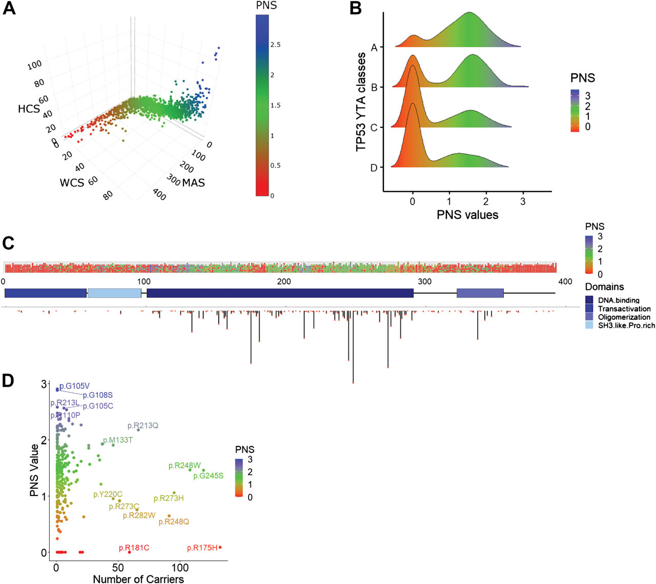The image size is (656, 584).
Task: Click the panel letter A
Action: click(x=9, y=9)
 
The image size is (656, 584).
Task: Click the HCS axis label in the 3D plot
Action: click(x=29, y=109)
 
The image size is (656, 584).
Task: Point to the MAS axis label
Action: click(x=194, y=183)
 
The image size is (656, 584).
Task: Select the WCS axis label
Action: click(x=72, y=183)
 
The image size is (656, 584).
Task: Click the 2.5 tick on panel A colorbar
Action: click(x=275, y=45)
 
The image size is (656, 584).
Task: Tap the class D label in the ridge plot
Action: click(x=374, y=167)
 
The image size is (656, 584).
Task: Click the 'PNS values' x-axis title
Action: click(x=467, y=215)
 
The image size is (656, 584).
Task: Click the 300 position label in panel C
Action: click(x=425, y=282)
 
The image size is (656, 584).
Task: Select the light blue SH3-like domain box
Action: click(x=114, y=293)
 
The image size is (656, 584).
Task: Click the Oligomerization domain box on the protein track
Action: click(x=480, y=293)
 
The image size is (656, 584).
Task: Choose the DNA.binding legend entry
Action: click(x=619, y=300)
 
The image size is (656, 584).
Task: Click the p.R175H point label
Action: click(x=202, y=548)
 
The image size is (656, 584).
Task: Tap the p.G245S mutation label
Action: click(x=208, y=476)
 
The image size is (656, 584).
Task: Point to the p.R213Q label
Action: click(x=143, y=426)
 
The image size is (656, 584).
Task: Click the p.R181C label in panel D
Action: click(x=134, y=548)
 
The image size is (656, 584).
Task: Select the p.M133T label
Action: click(x=118, y=440)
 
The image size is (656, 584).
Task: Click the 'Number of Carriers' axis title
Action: click(x=138, y=579)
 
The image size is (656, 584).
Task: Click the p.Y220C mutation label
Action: click(x=108, y=494)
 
